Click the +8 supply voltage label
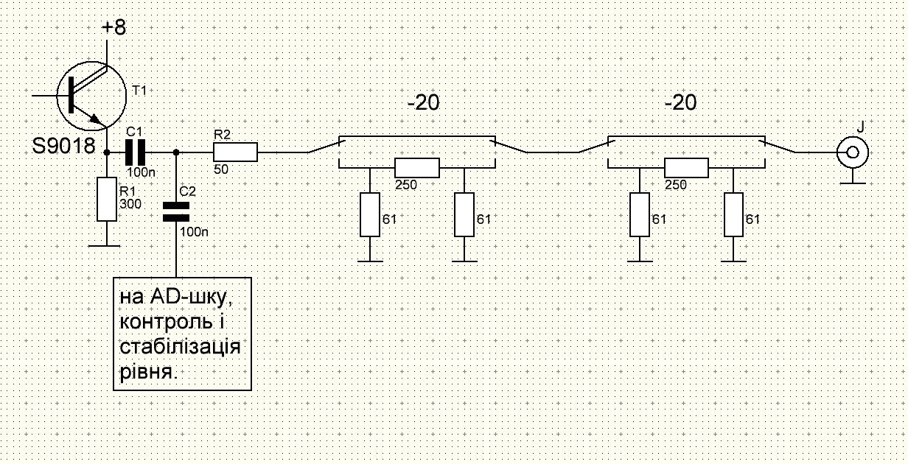114,28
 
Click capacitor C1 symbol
137,152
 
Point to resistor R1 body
107,199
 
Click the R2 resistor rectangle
235,152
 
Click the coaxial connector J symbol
851,153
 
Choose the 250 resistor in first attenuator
416,168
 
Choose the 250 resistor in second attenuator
686,168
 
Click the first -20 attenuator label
423,103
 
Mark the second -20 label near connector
680,103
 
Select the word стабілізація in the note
180,347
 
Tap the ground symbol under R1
107,245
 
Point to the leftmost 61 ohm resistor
369,214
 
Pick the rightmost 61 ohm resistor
734,214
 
